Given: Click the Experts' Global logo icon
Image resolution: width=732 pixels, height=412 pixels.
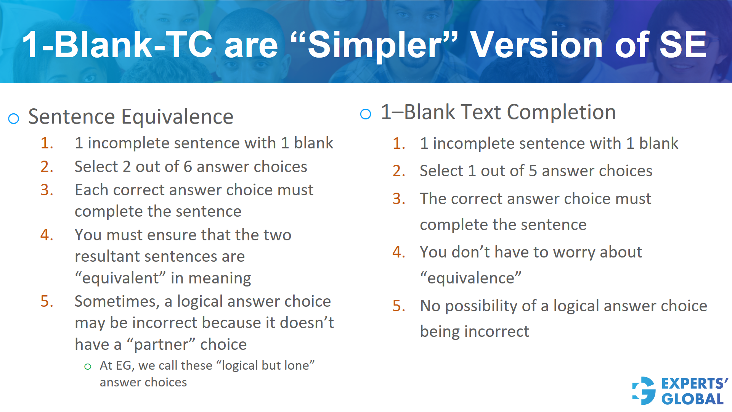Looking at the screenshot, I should point(644,391).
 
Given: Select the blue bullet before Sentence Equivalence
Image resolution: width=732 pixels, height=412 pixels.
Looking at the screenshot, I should point(14,119).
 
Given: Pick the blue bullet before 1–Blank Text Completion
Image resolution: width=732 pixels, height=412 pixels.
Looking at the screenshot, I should point(365,114).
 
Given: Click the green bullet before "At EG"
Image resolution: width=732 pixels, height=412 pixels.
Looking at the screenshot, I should point(88,367).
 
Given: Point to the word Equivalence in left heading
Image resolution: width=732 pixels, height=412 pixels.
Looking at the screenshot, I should point(177,117).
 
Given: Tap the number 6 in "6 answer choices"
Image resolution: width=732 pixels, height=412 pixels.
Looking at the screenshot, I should point(188,167).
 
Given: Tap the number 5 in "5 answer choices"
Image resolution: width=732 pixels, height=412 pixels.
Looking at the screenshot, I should point(533,171).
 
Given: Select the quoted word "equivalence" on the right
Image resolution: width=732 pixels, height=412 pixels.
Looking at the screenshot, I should point(470,278).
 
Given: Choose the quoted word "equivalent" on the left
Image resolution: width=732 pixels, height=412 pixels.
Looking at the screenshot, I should point(120,278).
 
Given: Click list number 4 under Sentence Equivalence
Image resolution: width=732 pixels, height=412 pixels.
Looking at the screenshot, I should point(47,235).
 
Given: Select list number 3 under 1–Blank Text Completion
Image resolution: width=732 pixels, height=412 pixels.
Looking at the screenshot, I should point(399,199).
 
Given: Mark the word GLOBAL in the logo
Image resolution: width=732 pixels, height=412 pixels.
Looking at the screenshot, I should point(692,399).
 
